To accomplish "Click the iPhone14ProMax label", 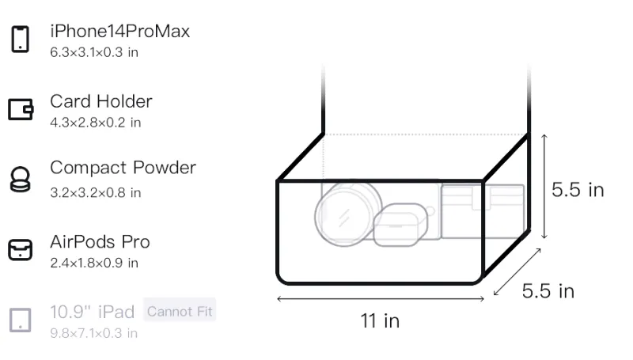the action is click(x=120, y=31).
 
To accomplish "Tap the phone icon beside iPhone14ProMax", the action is click(x=21, y=39).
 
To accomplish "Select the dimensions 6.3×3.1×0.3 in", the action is click(x=94, y=52).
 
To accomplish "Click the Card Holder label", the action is click(x=101, y=101).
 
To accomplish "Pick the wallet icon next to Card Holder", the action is click(x=21, y=109).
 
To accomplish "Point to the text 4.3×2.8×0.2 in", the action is click(x=95, y=123).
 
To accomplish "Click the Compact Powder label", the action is click(x=123, y=168).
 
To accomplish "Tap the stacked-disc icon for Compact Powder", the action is click(x=21, y=179).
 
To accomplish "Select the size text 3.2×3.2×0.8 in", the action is click(x=95, y=192).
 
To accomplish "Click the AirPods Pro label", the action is click(x=100, y=242).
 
